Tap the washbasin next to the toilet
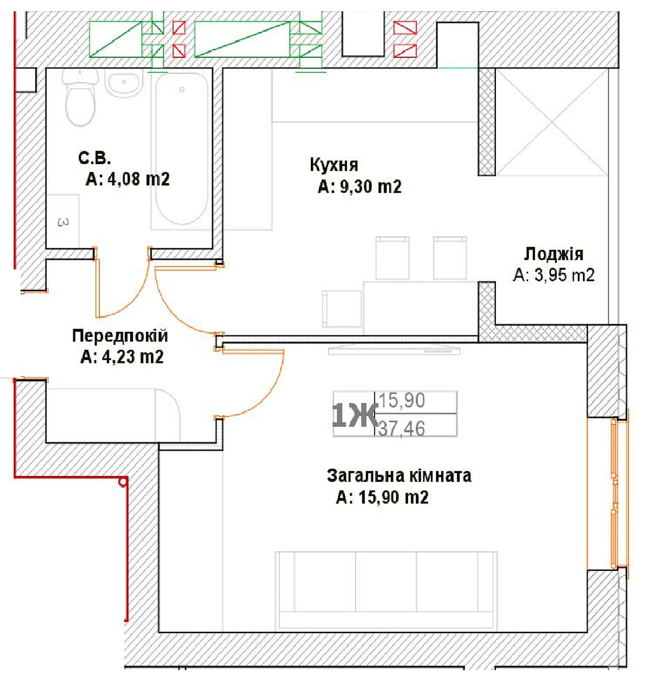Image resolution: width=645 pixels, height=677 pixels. pyautogui.click(x=124, y=83)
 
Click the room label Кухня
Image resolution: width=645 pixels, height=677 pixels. pyautogui.click(x=334, y=165)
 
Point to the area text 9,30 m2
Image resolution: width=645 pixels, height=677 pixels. pyautogui.click(x=370, y=187)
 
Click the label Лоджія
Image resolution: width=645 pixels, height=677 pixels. pyautogui.click(x=554, y=254)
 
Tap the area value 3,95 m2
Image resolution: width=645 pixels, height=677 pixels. pyautogui.click(x=564, y=275)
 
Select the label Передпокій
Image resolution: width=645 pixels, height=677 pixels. pyautogui.click(x=120, y=335)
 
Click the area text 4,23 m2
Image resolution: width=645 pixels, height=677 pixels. pyautogui.click(x=133, y=357)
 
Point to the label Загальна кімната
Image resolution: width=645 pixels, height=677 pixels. pyautogui.click(x=399, y=476)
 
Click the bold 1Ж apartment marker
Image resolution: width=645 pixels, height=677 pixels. pyautogui.click(x=354, y=416)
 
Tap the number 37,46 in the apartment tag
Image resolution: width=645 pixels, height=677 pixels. pyautogui.click(x=402, y=429)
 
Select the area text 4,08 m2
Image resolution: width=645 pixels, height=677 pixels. pyautogui.click(x=139, y=179)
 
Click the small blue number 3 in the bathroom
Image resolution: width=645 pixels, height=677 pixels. pyautogui.click(x=63, y=222)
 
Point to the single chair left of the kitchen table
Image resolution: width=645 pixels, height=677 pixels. pyautogui.click(x=342, y=309)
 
